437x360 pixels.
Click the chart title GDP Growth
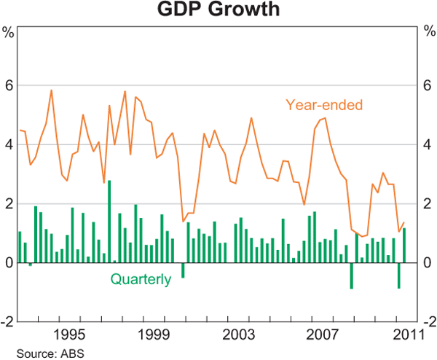(218, 10)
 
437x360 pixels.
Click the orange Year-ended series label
(324, 104)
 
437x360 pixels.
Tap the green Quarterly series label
(141, 278)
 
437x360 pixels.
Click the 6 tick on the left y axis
(9, 85)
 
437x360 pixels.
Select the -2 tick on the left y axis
(7, 321)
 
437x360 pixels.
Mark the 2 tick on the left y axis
(9, 203)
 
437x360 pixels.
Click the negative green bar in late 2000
(183, 270)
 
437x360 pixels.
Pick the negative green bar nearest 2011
(398, 275)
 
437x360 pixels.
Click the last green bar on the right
(404, 245)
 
